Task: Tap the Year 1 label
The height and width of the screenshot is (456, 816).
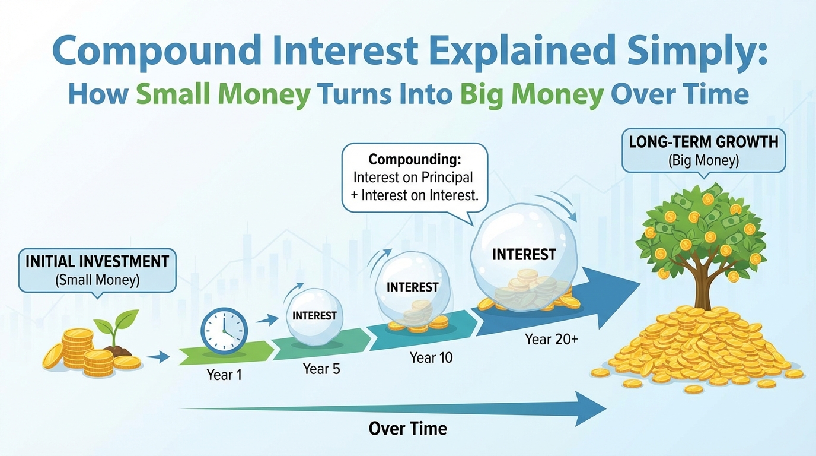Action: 224,375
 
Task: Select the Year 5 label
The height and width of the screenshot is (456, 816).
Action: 321,369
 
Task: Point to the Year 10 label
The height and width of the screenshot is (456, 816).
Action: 432,357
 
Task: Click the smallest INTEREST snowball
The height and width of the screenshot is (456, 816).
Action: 314,316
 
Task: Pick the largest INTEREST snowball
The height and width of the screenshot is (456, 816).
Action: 524,255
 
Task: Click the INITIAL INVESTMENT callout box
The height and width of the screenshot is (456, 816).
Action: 97,270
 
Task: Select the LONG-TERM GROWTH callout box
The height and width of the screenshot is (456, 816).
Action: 703,151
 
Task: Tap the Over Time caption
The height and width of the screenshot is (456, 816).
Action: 407,428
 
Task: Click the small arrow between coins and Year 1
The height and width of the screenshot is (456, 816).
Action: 157,357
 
